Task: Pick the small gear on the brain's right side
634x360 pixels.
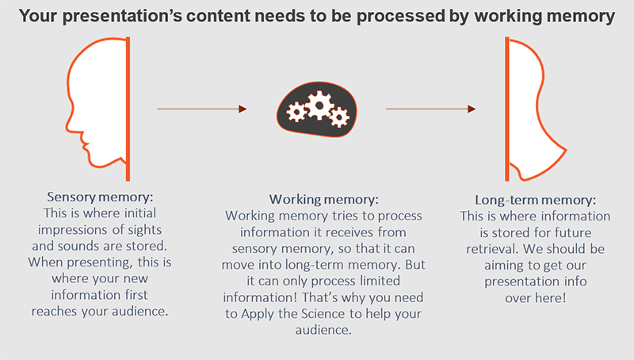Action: click(340, 117)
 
